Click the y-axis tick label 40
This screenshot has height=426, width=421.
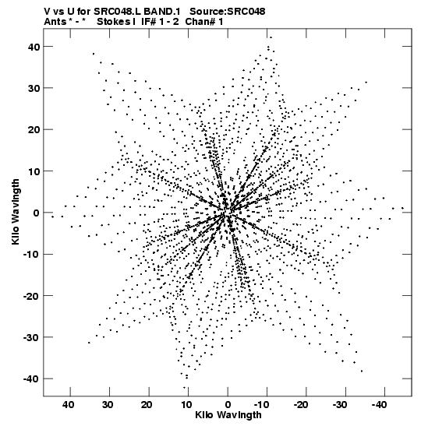pyautogui.click(x=34, y=47)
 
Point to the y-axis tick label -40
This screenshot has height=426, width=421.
pyautogui.click(x=31, y=378)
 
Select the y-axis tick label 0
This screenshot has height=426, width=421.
pyautogui.click(x=37, y=213)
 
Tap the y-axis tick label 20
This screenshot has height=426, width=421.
pyautogui.click(x=34, y=129)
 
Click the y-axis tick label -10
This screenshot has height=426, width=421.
pyautogui.click(x=31, y=255)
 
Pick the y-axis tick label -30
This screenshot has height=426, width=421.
pyautogui.click(x=31, y=337)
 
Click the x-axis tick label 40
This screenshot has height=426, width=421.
pyautogui.click(x=68, y=405)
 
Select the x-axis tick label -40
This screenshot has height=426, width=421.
pyautogui.click(x=379, y=405)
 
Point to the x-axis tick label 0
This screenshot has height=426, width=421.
pyautogui.click(x=228, y=405)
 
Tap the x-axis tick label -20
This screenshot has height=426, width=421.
pyautogui.click(x=301, y=405)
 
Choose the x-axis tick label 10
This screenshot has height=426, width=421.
pyautogui.click(x=186, y=405)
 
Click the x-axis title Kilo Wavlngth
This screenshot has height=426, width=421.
pyautogui.click(x=228, y=415)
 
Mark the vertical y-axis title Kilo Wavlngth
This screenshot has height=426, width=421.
pyautogui.click(x=16, y=212)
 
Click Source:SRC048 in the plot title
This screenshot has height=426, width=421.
pyautogui.click(x=227, y=12)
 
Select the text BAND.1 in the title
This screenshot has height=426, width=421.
pyautogui.click(x=161, y=12)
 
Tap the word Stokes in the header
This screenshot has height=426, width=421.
pyautogui.click(x=115, y=22)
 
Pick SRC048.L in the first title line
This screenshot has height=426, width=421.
pyautogui.click(x=118, y=12)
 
